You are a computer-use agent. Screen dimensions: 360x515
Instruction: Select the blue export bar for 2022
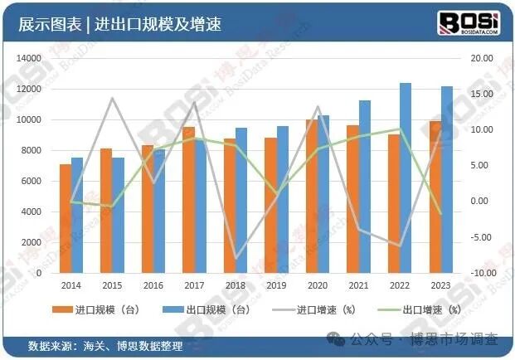[x=406, y=178]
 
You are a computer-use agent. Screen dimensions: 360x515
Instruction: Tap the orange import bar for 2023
[x=435, y=197]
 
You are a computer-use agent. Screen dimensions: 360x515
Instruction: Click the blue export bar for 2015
[x=118, y=216]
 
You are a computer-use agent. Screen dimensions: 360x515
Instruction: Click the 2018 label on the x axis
[x=235, y=285]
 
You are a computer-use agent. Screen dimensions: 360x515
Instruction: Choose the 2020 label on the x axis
[x=317, y=285]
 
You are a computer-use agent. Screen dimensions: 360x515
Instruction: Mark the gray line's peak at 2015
[x=112, y=98]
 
